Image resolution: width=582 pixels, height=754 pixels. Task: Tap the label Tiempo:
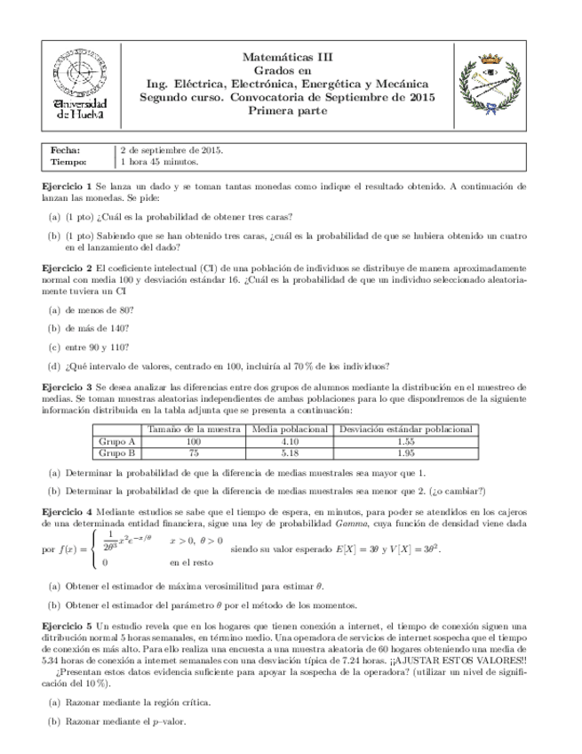[68, 163]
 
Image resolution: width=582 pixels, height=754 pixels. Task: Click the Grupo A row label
[116, 441]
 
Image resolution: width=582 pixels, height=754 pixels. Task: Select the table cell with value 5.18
[289, 453]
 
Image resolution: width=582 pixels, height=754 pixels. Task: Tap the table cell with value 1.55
[405, 441]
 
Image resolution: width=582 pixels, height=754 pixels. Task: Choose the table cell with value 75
[193, 453]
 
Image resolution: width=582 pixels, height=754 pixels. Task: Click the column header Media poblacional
[289, 429]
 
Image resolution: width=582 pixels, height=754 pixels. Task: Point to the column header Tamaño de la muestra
[193, 429]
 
